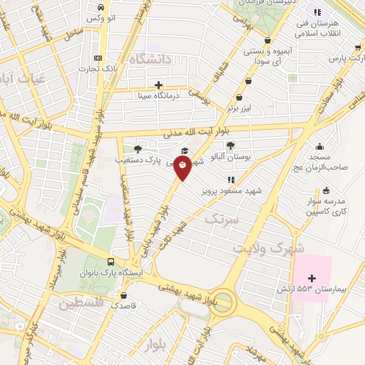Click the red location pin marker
(x=184, y=168)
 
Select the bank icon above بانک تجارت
(x=98, y=58)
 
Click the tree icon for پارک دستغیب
(x=138, y=149)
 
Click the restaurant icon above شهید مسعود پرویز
(x=230, y=180)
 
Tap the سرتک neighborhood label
(x=220, y=221)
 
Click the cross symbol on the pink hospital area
(x=312, y=277)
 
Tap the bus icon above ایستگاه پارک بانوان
(x=110, y=261)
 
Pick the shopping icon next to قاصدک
(x=125, y=294)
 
